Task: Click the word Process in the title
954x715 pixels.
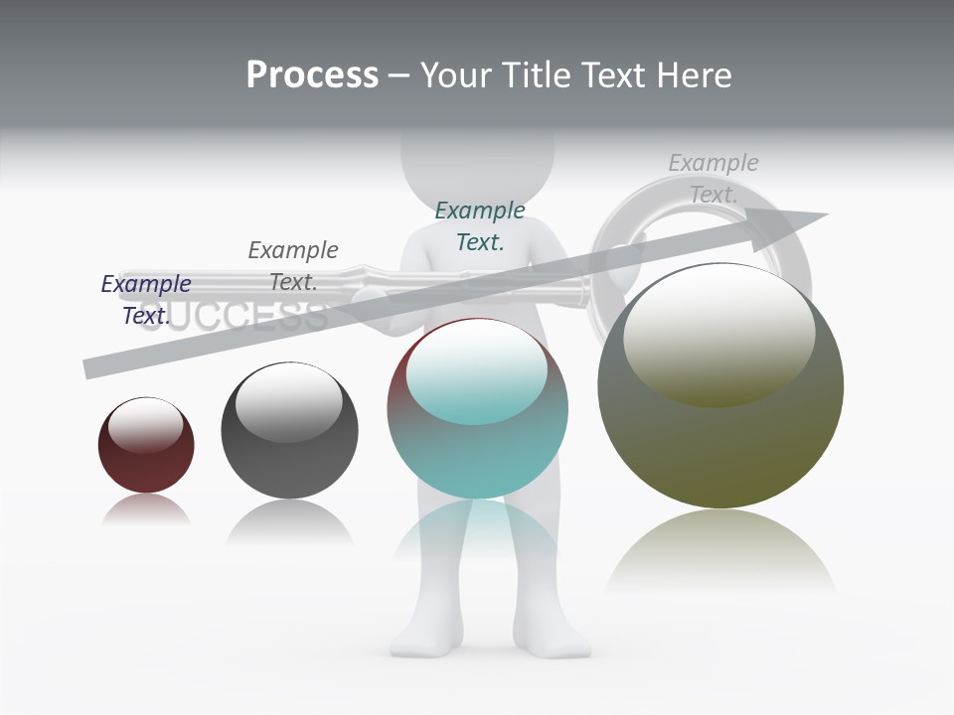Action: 312,75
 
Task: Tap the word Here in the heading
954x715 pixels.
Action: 695,75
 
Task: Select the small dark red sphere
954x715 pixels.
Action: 146,446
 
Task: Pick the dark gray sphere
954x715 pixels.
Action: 289,431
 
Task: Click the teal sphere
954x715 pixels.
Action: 477,409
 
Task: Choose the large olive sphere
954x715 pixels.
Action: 720,387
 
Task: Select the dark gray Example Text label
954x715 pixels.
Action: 293,265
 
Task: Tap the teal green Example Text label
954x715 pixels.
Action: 480,225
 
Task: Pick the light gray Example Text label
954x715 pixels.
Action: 714,178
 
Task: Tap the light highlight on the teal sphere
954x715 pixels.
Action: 476,370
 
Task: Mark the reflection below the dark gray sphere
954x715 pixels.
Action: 289,522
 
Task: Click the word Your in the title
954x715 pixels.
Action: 456,75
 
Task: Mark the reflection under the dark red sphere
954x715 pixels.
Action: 146,509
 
